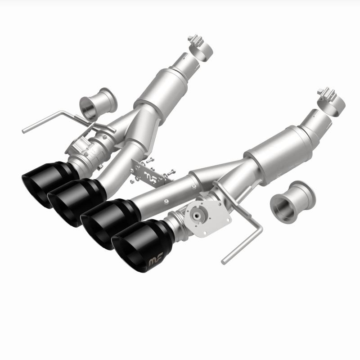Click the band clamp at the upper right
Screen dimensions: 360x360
tap(330, 97)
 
